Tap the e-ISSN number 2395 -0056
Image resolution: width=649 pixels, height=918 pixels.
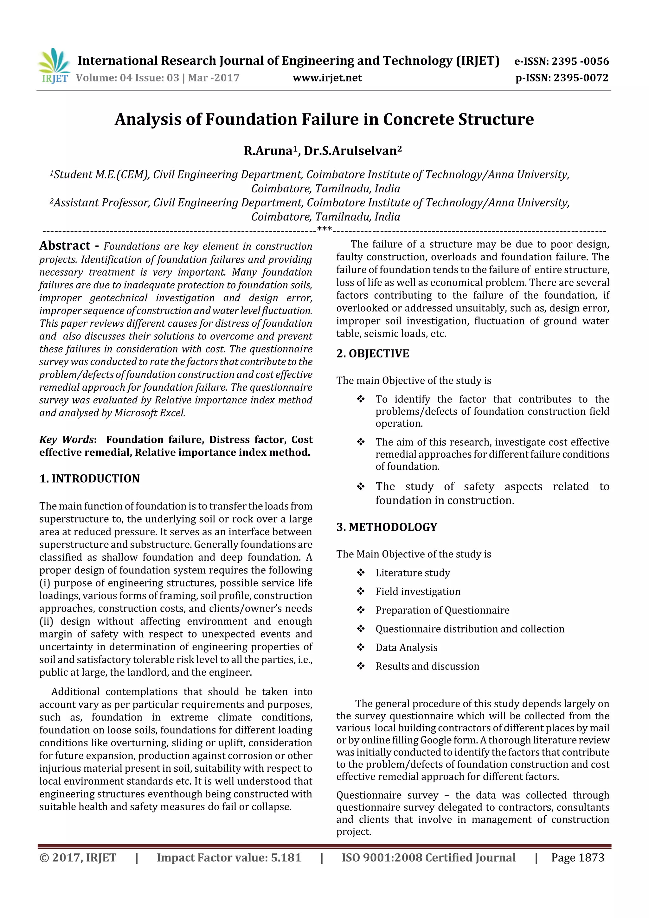click(580, 61)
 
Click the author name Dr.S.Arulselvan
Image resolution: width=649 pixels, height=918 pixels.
click(352, 151)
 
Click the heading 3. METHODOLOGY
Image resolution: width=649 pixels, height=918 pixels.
click(387, 527)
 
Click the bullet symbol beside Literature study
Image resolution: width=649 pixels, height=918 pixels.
click(361, 573)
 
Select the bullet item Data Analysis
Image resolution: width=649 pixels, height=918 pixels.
click(406, 647)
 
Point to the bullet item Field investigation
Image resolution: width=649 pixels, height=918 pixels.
click(418, 591)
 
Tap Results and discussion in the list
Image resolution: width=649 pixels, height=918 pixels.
click(427, 666)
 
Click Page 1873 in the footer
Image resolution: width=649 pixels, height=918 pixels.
click(577, 857)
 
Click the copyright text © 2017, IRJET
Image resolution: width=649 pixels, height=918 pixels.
click(78, 857)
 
